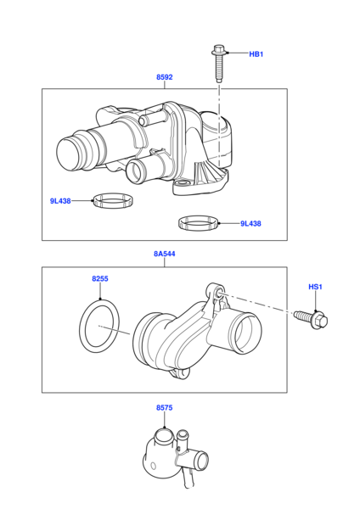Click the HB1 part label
(x=256, y=54)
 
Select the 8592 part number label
(x=165, y=77)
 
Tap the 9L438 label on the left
(x=60, y=201)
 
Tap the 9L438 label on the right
(x=250, y=224)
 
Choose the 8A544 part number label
(x=165, y=254)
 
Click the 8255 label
(x=100, y=279)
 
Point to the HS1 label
(x=315, y=287)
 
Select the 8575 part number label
(x=165, y=408)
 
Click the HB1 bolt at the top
(x=219, y=64)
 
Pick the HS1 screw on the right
(x=312, y=318)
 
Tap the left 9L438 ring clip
(x=113, y=200)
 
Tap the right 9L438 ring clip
(x=198, y=223)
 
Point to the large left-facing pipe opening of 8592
(x=68, y=154)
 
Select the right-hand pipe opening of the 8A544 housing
(x=248, y=333)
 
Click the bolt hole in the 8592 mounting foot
(x=182, y=185)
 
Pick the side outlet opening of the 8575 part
(x=202, y=460)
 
